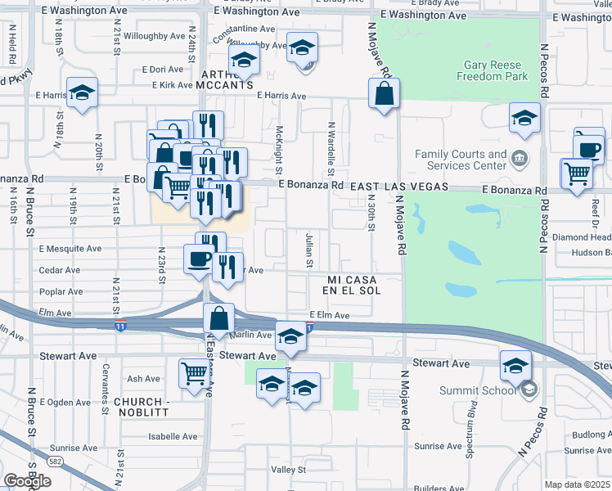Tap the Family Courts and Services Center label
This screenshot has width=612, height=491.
[x=461, y=160]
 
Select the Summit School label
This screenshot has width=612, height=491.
[x=488, y=390]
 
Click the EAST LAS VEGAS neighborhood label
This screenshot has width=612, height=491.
[x=399, y=187]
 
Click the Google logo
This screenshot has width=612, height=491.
[x=27, y=481]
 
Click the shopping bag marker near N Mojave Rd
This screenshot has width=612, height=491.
[x=384, y=95]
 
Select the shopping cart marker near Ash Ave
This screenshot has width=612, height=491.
[x=195, y=373]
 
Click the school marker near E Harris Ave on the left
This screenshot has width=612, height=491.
[x=83, y=94]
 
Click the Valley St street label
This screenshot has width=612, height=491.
[x=288, y=471]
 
